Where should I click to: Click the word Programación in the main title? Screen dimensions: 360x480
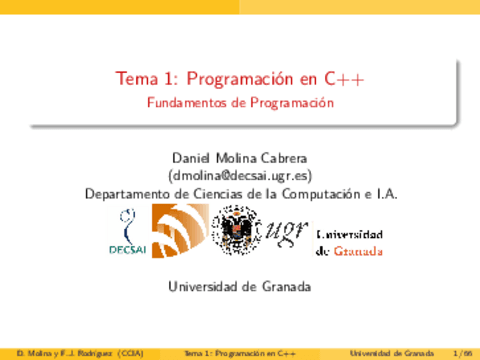(231, 79)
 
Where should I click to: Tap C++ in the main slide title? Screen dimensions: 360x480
(344, 79)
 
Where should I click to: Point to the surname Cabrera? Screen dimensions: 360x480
(281, 157)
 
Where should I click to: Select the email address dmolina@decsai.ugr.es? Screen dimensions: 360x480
(240, 175)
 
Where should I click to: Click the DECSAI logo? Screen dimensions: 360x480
(126, 233)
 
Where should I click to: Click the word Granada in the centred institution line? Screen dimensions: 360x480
(282, 286)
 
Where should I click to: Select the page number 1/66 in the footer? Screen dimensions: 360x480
(462, 353)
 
